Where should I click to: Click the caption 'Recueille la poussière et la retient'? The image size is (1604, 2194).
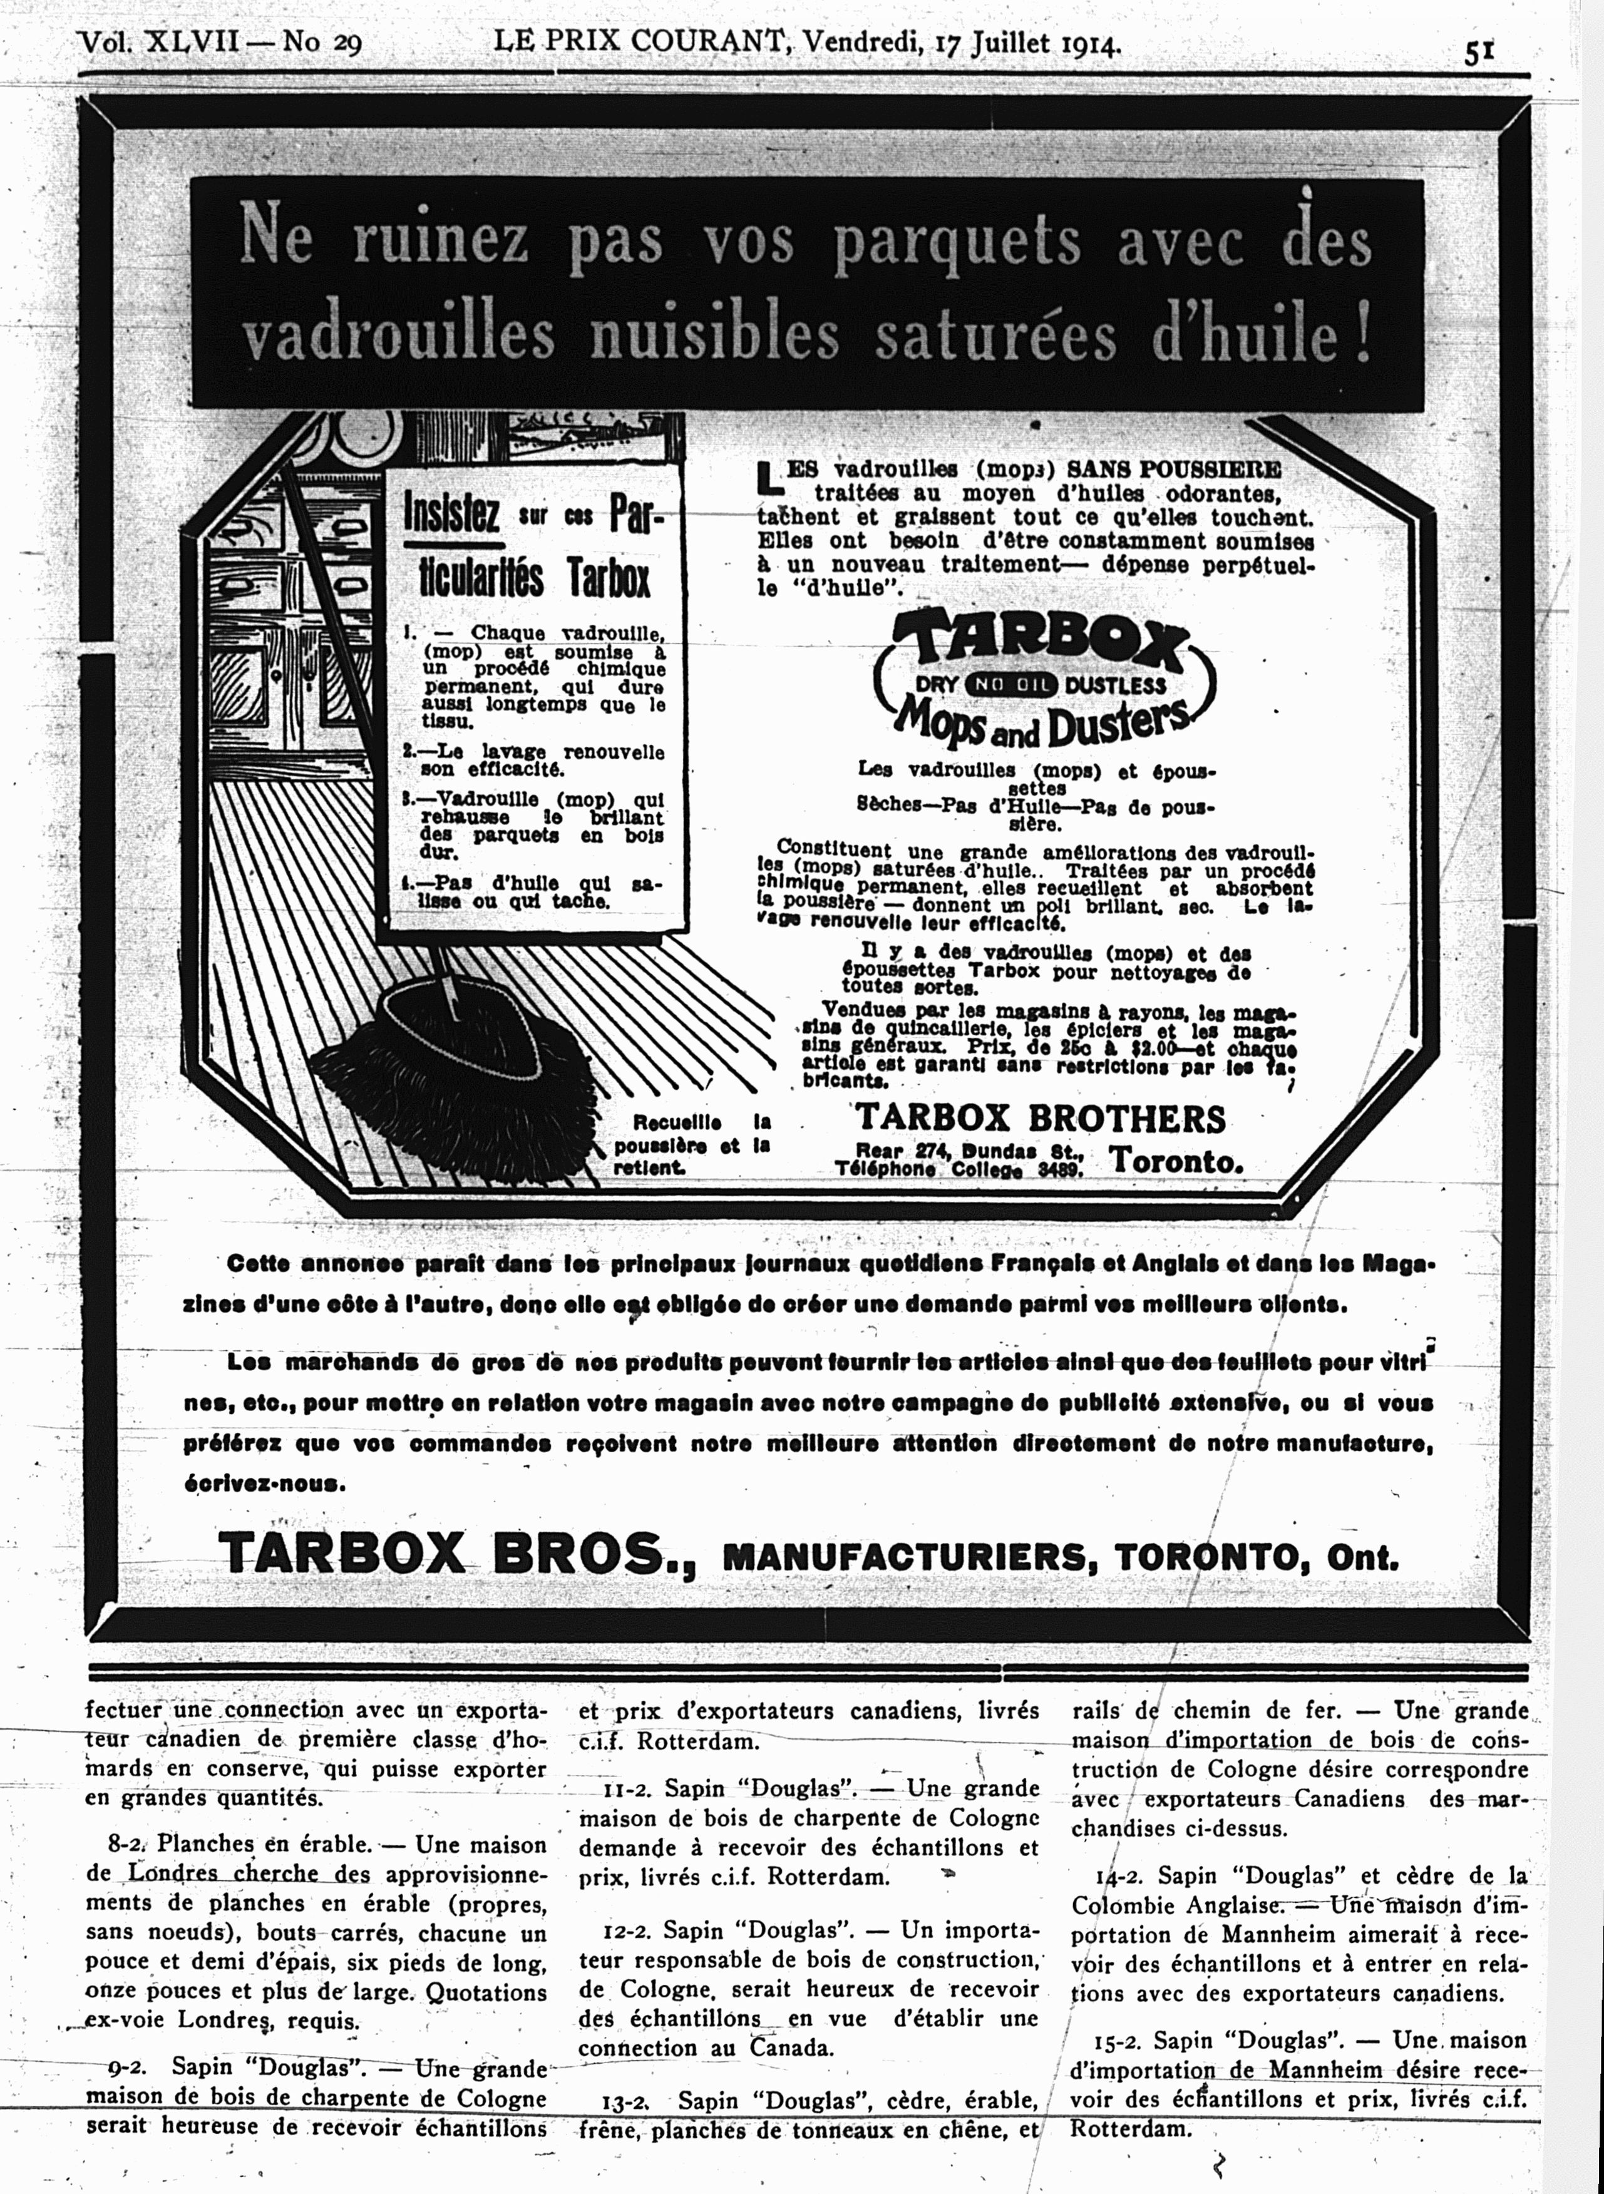pyautogui.click(x=691, y=1146)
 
